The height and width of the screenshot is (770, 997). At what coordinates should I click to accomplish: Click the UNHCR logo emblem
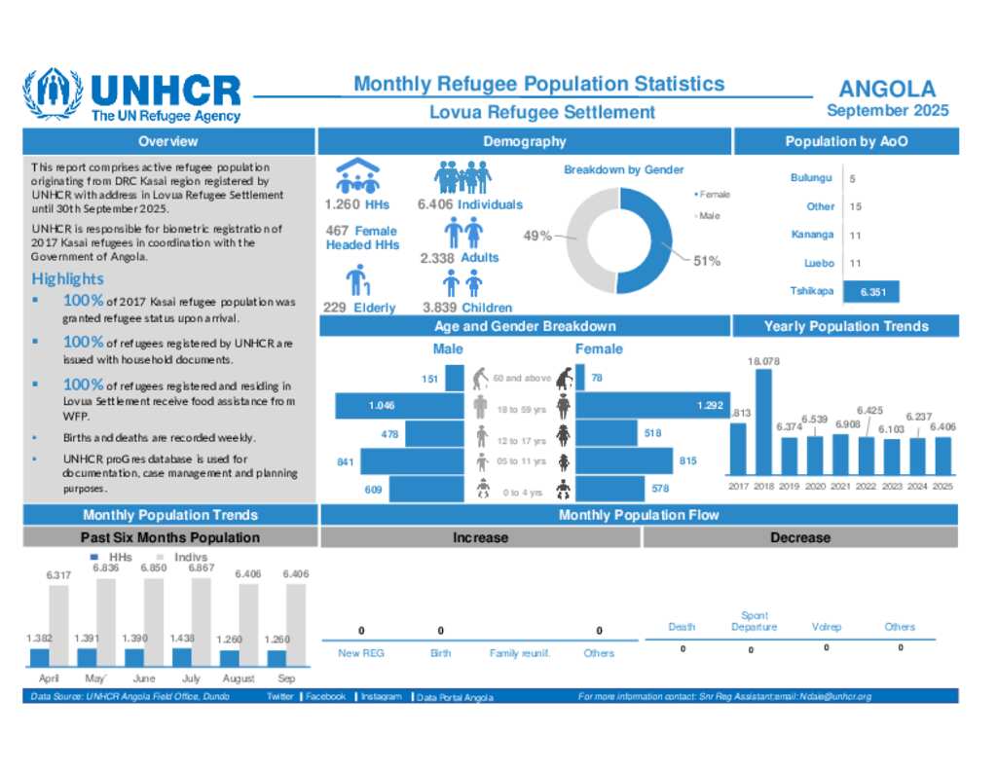point(53,94)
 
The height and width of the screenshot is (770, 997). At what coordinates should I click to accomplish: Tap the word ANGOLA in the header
point(887,90)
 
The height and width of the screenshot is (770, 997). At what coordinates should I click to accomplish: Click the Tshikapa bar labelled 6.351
point(871,291)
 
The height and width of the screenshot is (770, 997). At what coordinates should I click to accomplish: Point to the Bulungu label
point(811,178)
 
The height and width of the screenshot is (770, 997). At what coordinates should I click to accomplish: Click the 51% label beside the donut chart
point(707,261)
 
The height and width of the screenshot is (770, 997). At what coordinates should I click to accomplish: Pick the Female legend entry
point(715,195)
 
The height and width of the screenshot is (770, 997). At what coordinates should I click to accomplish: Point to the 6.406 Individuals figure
point(469,204)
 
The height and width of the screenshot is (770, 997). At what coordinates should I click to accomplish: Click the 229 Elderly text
point(359,308)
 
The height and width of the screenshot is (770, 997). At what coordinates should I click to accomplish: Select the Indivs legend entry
point(191,557)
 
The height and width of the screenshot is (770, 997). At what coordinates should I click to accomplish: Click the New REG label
point(361,653)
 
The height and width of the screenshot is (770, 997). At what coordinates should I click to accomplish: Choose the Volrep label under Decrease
point(827,627)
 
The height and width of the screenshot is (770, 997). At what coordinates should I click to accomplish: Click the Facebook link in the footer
point(326,697)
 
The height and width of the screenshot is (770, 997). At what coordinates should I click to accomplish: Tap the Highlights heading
point(67,279)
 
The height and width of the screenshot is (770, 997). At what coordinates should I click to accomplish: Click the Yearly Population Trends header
point(845,326)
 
